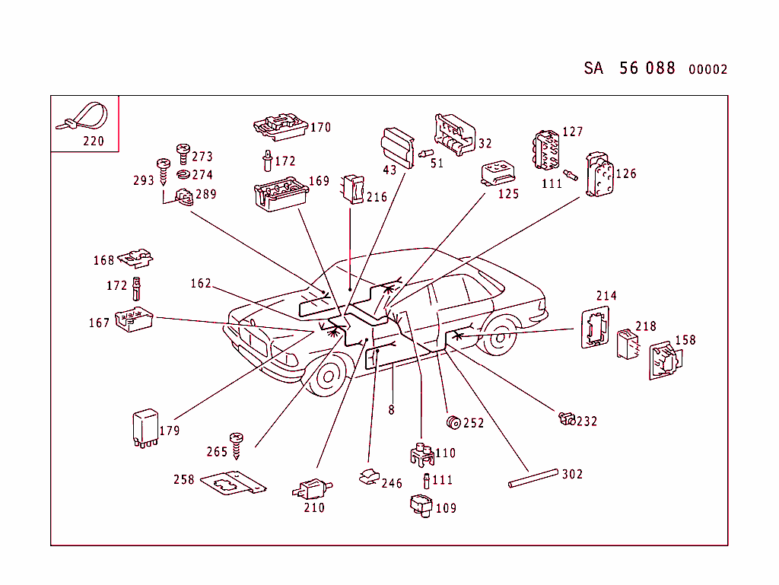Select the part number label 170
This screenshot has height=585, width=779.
tap(320, 128)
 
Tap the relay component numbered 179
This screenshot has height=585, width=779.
tap(145, 427)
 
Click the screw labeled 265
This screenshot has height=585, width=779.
tap(237, 444)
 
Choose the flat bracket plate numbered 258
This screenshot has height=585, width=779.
tap(234, 483)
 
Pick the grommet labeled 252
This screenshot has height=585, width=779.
tap(453, 422)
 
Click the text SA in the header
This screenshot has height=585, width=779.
tap(593, 68)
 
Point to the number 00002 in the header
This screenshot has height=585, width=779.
tap(707, 70)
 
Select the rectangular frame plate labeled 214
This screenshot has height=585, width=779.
tap(594, 327)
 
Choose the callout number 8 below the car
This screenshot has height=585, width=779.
tap(391, 410)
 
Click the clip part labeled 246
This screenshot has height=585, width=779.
tap(369, 476)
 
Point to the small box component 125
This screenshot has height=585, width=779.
tap(498, 173)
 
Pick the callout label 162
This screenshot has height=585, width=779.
tap(201, 284)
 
